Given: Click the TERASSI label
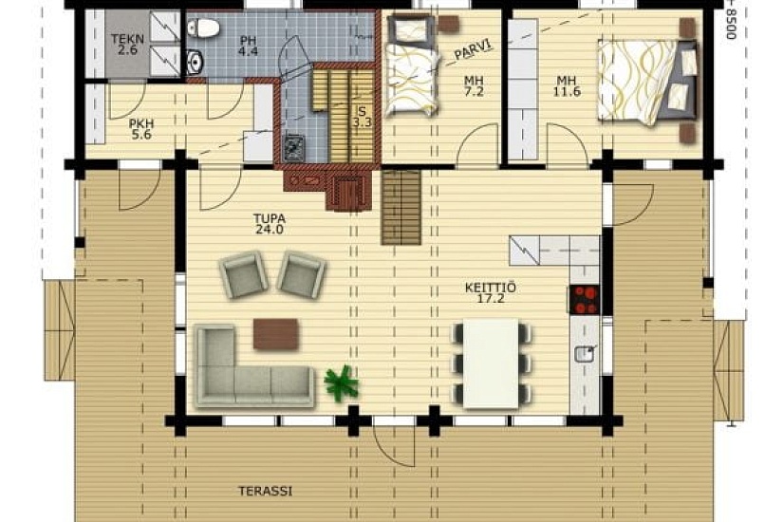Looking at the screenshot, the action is pyautogui.click(x=265, y=491).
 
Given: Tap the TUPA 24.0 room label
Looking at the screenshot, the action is pyautogui.click(x=270, y=224).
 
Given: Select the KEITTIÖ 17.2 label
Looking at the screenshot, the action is pyautogui.click(x=491, y=293).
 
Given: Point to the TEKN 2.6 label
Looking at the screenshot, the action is pyautogui.click(x=127, y=44).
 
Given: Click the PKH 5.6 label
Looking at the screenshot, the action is pyautogui.click(x=141, y=129).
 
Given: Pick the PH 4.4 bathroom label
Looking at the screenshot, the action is pyautogui.click(x=248, y=45).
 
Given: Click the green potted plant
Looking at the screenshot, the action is pyautogui.click(x=342, y=382).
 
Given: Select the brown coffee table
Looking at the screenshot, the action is pyautogui.click(x=275, y=334).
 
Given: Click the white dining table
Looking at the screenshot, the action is pyautogui.click(x=491, y=364).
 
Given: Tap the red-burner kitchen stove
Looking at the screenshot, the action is pyautogui.click(x=585, y=299).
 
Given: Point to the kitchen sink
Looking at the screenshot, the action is pyautogui.click(x=585, y=353).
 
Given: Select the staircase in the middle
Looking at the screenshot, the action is pyautogui.click(x=401, y=207).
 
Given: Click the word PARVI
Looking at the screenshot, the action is pyautogui.click(x=473, y=49).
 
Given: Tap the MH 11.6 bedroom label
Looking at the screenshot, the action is pyautogui.click(x=567, y=86).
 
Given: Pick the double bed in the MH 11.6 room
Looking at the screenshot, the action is pyautogui.click(x=647, y=83).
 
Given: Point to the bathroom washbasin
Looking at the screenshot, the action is pyautogui.click(x=196, y=62).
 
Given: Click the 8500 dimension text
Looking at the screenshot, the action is pyautogui.click(x=732, y=20).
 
